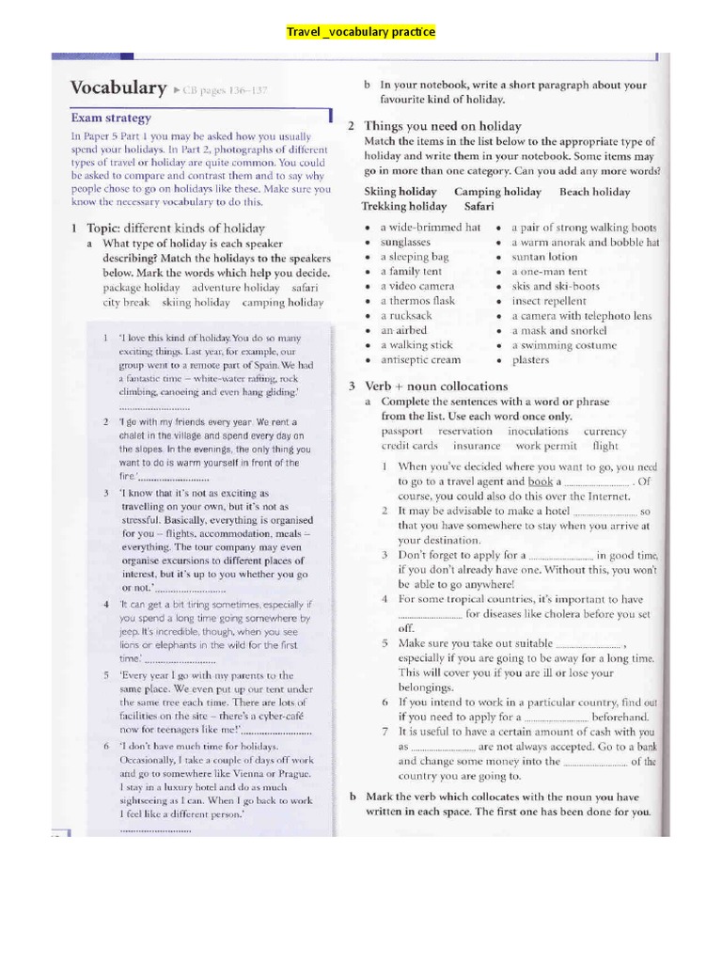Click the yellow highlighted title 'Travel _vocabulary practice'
(361, 32)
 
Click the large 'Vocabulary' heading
(118, 88)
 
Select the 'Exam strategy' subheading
(111, 118)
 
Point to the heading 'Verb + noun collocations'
(435, 387)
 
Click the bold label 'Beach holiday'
(594, 192)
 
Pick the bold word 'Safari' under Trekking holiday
(479, 206)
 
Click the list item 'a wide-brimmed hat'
(430, 228)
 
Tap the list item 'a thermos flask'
(416, 301)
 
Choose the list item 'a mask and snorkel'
(558, 330)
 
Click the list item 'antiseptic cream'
(420, 359)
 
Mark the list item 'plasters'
(530, 359)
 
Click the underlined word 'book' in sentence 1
(540, 481)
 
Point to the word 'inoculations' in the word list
(538, 432)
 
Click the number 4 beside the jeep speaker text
(106, 605)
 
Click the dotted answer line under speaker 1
(154, 408)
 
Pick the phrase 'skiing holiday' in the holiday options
(196, 303)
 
